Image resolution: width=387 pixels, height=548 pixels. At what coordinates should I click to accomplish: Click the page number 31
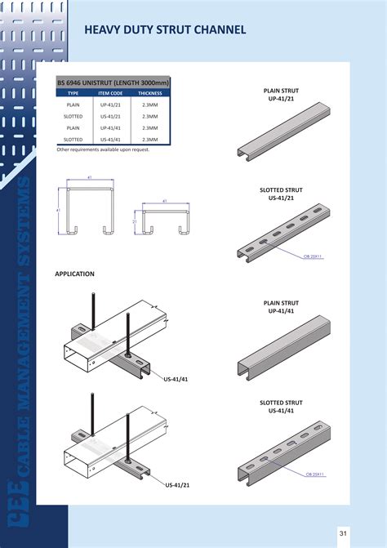coord(344,533)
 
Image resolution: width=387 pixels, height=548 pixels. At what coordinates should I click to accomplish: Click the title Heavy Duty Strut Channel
coord(165,31)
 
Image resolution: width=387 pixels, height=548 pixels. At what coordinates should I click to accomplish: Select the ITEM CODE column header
coord(110,94)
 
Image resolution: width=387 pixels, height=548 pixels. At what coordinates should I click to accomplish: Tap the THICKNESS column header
coord(150,94)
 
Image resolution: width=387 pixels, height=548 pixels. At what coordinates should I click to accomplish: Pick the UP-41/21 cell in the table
coord(110,105)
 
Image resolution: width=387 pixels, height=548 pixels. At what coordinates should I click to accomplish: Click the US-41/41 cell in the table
coord(110,140)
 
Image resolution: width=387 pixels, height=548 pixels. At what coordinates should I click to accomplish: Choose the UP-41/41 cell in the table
coord(110,128)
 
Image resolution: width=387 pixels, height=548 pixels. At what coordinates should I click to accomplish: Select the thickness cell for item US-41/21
coord(150,117)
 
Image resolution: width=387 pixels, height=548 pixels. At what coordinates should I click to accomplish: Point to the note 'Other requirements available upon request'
coord(103,149)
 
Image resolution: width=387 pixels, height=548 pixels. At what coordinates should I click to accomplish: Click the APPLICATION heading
coord(74,274)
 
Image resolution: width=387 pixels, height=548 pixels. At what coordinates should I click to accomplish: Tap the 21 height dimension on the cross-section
coord(135,221)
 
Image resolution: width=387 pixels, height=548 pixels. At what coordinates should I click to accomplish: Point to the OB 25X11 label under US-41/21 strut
coord(314,256)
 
